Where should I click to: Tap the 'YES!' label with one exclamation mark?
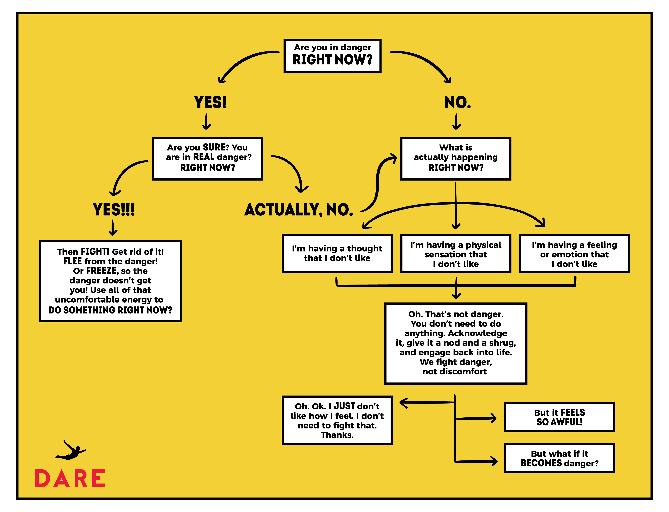point(210,102)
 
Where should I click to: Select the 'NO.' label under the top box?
point(457,102)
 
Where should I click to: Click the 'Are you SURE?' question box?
point(207,159)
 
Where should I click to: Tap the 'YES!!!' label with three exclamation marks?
point(114,210)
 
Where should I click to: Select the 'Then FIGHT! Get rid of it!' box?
point(110,281)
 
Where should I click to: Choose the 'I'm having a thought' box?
point(337,254)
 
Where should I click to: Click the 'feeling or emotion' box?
point(574,254)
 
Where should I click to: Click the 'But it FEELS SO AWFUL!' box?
point(559,417)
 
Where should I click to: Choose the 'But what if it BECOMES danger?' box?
point(559,458)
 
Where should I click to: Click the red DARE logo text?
point(70,479)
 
